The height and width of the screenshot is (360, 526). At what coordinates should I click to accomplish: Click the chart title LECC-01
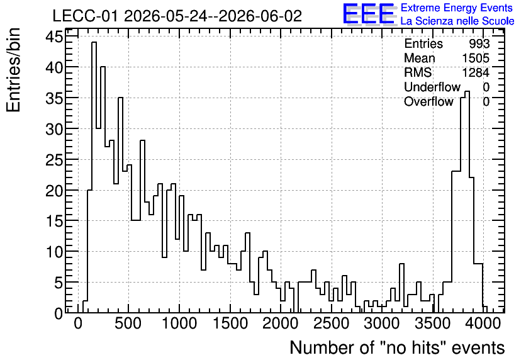click(85, 16)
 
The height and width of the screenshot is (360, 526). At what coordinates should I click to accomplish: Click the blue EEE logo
click(369, 14)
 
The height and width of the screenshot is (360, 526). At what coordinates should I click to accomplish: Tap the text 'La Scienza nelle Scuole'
click(457, 21)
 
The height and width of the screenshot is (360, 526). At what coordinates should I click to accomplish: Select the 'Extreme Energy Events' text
click(457, 8)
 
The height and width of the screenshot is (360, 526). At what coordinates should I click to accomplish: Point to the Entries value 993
click(479, 43)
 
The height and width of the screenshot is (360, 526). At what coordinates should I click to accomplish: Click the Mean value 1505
click(476, 58)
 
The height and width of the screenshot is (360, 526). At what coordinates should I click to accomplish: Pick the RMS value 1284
click(476, 72)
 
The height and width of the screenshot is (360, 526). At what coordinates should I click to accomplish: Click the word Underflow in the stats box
click(432, 87)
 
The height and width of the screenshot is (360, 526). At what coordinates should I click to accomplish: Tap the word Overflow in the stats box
click(428, 101)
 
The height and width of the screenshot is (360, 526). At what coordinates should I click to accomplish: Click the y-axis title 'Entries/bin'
click(14, 70)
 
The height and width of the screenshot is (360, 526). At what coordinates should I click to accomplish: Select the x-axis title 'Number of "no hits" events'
click(397, 347)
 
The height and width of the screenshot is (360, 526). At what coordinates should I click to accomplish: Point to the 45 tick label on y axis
click(54, 37)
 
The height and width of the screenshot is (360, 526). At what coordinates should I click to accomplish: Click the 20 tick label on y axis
click(54, 190)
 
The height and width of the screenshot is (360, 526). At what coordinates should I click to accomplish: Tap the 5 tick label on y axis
click(59, 283)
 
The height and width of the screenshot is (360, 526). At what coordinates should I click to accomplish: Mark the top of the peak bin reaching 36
click(467, 91)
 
